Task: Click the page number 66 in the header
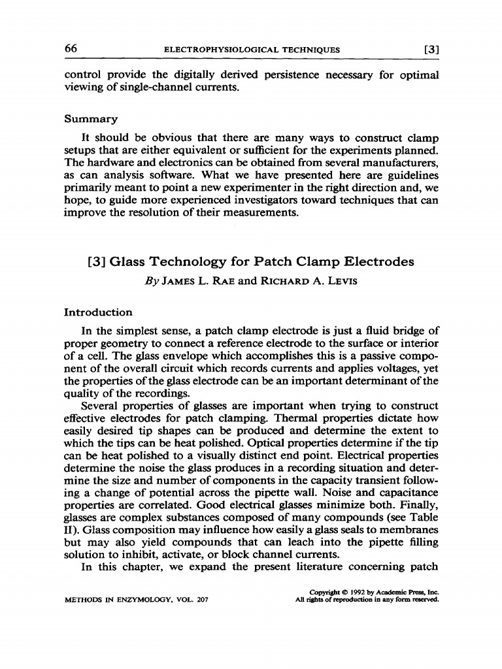tap(71, 48)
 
